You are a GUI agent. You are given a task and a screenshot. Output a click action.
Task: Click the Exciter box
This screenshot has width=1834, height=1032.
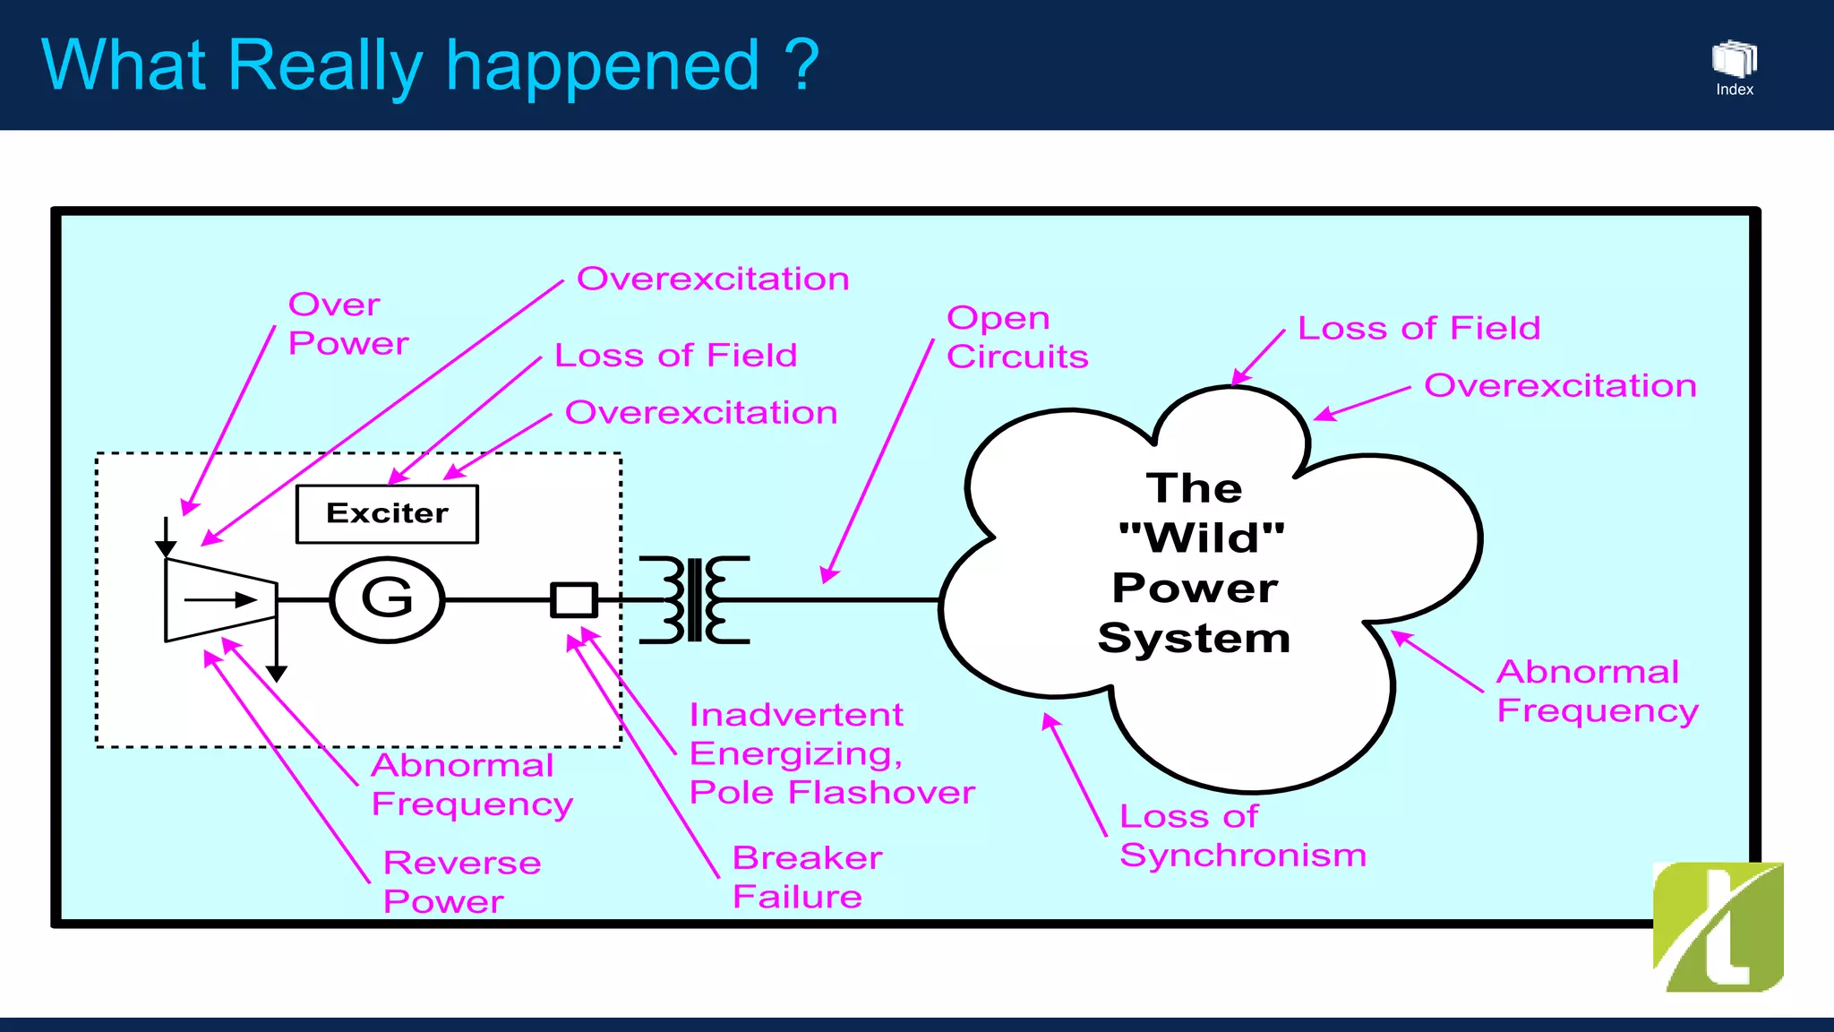[387, 514]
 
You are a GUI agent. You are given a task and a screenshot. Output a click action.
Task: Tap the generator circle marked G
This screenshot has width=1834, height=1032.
[387, 599]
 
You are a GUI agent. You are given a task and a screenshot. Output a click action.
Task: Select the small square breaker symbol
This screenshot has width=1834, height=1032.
[573, 599]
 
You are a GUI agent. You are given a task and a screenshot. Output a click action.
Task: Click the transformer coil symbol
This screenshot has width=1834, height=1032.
[694, 599]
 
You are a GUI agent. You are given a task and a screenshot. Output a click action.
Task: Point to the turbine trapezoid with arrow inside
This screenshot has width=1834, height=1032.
[220, 600]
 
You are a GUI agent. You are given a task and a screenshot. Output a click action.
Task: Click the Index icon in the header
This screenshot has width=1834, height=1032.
[1734, 67]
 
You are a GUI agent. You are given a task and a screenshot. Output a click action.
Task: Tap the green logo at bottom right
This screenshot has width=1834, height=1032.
[1718, 926]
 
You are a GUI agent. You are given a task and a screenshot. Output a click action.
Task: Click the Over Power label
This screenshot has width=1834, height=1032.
[347, 324]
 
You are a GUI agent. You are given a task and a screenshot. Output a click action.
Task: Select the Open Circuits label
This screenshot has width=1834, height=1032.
[1016, 337]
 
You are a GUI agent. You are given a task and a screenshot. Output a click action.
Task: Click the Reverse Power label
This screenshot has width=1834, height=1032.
[461, 881]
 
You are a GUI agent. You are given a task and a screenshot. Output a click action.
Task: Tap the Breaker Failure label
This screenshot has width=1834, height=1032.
[806, 877]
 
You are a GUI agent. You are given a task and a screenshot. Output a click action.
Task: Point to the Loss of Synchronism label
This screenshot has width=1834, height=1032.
[1241, 836]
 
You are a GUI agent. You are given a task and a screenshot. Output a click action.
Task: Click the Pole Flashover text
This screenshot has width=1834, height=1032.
[831, 793]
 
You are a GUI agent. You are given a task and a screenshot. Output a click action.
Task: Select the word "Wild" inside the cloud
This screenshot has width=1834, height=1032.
[1201, 538]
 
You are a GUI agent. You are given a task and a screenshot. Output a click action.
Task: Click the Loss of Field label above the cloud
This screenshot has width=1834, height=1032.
[1418, 329]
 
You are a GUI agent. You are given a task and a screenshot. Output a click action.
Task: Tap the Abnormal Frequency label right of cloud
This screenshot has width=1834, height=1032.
[1597, 691]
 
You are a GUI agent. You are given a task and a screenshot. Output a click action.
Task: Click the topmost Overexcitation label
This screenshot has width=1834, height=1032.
[713, 279]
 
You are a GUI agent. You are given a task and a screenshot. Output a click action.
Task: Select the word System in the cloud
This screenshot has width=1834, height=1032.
[1194, 639]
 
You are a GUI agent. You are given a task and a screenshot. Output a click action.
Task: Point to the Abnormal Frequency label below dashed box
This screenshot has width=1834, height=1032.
[471, 785]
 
